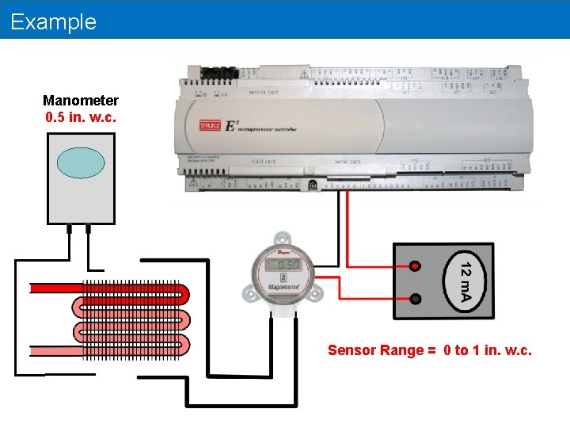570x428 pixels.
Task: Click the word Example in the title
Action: (x=54, y=21)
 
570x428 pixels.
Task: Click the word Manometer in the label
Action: (x=81, y=101)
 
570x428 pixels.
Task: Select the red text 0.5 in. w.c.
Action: (x=81, y=117)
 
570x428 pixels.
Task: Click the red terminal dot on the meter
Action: (x=416, y=267)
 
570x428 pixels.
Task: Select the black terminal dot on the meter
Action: (x=416, y=299)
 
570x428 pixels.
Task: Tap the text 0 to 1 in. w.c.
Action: (x=487, y=350)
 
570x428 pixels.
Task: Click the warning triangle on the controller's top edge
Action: (x=303, y=74)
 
